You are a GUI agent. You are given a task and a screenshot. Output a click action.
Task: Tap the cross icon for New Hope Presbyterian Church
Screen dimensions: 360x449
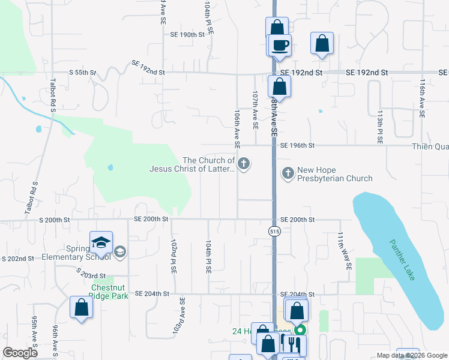tap(288, 173)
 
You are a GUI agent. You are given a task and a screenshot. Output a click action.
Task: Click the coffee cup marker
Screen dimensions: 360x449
tap(280, 44)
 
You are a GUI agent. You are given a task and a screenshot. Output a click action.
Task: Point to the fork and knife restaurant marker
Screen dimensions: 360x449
tap(293, 344)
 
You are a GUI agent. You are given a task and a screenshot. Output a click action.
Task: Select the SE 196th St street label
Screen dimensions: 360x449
tap(295, 145)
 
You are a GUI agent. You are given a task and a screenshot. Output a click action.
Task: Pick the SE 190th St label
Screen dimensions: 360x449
tap(188, 35)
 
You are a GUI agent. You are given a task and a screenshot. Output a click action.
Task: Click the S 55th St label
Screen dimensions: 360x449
tap(83, 73)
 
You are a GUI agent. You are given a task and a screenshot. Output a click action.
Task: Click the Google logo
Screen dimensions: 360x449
tap(20, 352)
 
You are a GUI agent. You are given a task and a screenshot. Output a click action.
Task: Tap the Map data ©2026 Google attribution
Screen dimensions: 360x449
tap(411, 355)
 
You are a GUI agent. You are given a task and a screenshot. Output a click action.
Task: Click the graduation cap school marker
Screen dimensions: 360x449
tap(101, 242)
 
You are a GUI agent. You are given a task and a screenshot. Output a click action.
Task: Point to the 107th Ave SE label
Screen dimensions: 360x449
tap(255, 111)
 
